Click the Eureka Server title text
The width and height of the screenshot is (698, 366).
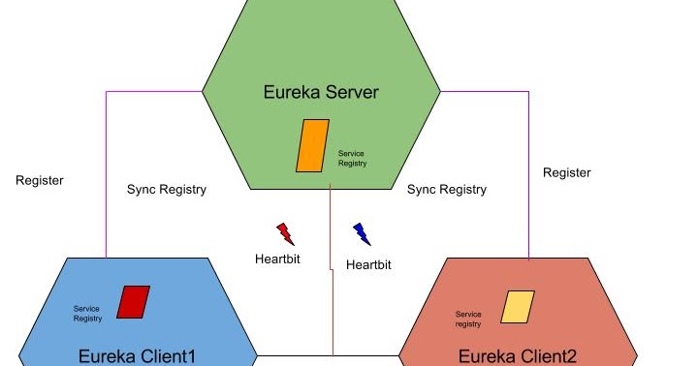click(321, 93)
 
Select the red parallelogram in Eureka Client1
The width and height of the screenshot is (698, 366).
click(133, 302)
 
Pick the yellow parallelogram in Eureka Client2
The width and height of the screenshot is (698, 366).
click(517, 307)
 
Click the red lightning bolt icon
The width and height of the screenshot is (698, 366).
click(285, 233)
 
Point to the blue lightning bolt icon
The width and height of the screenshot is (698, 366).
click(362, 233)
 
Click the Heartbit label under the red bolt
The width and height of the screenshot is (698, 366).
click(277, 259)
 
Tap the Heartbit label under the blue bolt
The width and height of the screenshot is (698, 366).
click(368, 264)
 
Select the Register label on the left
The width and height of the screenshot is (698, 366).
click(40, 180)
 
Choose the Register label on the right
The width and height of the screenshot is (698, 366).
click(566, 172)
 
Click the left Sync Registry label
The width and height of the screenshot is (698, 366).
click(167, 190)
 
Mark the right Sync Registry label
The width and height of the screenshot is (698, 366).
click(447, 190)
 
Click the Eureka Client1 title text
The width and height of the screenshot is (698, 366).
click(137, 356)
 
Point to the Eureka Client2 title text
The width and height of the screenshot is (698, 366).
click(517, 356)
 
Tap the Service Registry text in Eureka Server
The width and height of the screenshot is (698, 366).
click(352, 159)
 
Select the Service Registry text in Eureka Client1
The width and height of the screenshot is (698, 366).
click(87, 314)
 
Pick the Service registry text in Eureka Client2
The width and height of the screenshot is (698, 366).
click(468, 319)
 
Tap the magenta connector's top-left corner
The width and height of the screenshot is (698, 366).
click(106, 92)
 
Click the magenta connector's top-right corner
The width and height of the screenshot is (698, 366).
click(528, 92)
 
